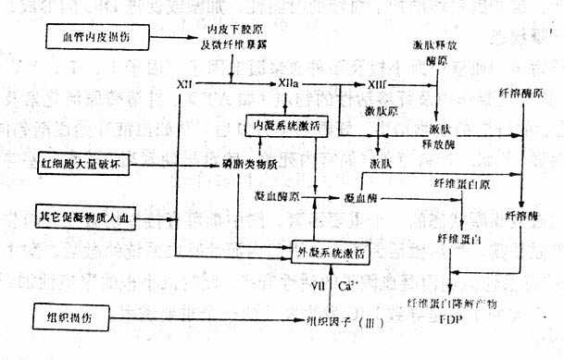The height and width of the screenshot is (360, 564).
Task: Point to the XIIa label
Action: pyautogui.click(x=287, y=84)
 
